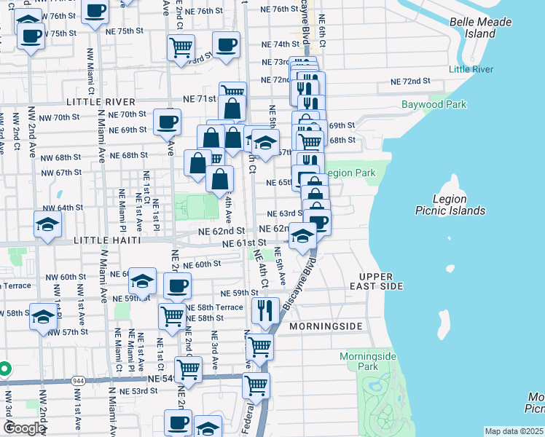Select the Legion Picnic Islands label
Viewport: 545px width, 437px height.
[450, 205]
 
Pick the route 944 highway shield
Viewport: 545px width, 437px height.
[79, 381]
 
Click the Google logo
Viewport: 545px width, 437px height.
[23, 428]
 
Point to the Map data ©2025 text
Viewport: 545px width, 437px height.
[514, 431]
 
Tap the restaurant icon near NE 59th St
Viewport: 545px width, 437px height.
[265, 309]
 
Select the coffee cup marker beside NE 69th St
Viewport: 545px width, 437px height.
[167, 121]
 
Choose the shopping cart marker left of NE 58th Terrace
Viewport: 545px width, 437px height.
[172, 316]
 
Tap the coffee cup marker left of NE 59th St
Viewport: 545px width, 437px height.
[177, 286]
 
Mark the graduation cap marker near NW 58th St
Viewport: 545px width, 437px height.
[43, 316]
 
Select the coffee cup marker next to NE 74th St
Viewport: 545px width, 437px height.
[226, 44]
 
